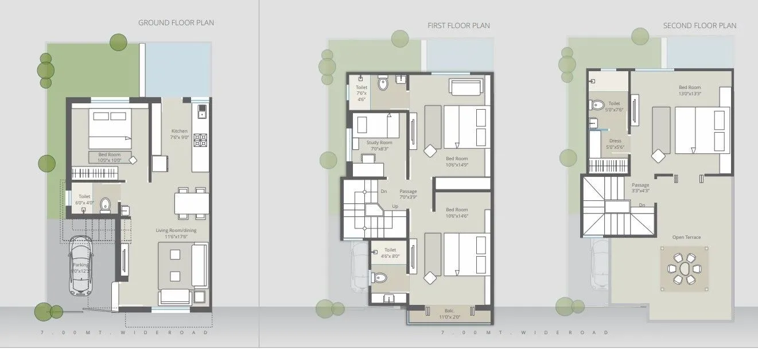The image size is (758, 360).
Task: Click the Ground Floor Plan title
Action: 176,23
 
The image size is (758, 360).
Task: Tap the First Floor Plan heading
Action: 458,26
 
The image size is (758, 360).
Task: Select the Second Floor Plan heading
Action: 699,26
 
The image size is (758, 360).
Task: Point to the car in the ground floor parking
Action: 80,266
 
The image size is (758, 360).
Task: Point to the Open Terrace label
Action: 687,237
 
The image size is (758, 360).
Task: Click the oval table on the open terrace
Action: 682,268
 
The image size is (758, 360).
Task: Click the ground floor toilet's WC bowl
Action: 105,204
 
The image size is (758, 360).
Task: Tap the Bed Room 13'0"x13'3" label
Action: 690,90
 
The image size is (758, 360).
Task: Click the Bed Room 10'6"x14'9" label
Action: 457,161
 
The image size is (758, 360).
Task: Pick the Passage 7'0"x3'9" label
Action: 408,194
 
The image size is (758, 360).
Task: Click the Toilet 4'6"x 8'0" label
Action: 390,253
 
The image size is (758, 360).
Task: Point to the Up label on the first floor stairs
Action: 395,206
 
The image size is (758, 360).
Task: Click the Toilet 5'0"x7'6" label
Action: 614,106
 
